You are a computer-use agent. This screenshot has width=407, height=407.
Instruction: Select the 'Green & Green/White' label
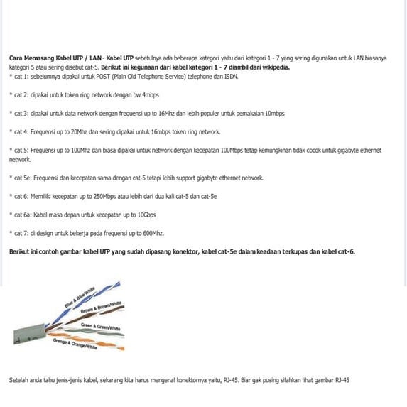[x=100, y=326]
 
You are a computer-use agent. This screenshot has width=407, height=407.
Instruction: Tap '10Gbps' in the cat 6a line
[x=147, y=215]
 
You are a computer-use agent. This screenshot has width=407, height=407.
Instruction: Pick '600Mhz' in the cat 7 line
[x=153, y=233]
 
